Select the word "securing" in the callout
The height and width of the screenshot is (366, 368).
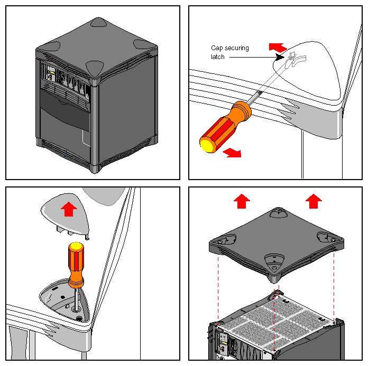point(236,48)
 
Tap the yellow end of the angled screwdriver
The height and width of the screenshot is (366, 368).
point(206,143)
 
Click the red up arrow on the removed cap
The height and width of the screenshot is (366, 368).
point(68,209)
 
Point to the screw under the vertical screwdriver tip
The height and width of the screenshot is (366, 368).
point(79,317)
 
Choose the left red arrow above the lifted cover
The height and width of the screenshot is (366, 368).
point(242,201)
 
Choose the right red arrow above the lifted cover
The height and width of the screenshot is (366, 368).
point(314,201)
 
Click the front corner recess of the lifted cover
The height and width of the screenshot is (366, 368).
point(274,260)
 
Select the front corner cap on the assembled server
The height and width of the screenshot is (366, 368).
point(94,68)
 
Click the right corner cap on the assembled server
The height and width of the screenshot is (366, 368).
point(142,44)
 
